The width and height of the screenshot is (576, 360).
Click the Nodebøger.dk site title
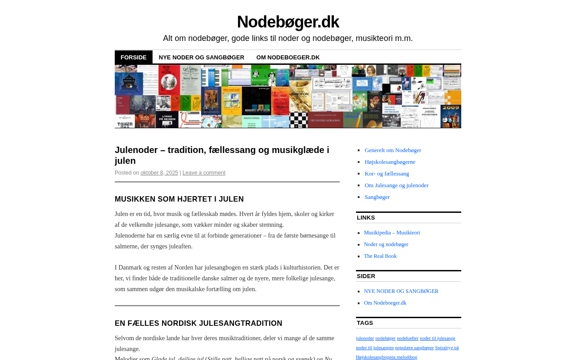(x=288, y=22)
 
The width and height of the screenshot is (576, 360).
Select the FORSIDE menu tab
(x=134, y=57)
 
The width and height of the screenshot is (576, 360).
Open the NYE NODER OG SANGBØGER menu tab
(x=201, y=57)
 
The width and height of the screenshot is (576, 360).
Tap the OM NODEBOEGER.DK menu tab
(x=288, y=57)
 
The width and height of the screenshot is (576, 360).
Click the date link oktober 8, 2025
(x=159, y=173)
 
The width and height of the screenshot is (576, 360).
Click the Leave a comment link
(x=204, y=173)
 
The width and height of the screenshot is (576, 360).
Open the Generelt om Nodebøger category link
(x=393, y=150)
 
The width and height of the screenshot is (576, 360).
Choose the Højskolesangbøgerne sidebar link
(x=390, y=162)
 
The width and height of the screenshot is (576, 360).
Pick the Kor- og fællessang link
(x=387, y=174)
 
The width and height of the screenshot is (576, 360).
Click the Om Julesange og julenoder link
(x=396, y=185)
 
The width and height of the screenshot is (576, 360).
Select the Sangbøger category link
(x=377, y=197)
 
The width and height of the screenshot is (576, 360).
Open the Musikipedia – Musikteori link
(x=392, y=233)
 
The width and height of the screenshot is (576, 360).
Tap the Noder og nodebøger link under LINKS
(x=386, y=244)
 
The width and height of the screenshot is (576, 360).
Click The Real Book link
(x=380, y=256)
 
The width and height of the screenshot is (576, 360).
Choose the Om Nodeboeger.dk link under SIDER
(x=385, y=303)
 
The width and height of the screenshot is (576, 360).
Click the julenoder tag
(x=365, y=338)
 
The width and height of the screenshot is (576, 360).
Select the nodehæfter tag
(x=408, y=338)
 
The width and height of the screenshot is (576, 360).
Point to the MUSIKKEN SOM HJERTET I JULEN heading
(x=179, y=199)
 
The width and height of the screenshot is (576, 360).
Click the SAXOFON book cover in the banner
(x=299, y=94)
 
